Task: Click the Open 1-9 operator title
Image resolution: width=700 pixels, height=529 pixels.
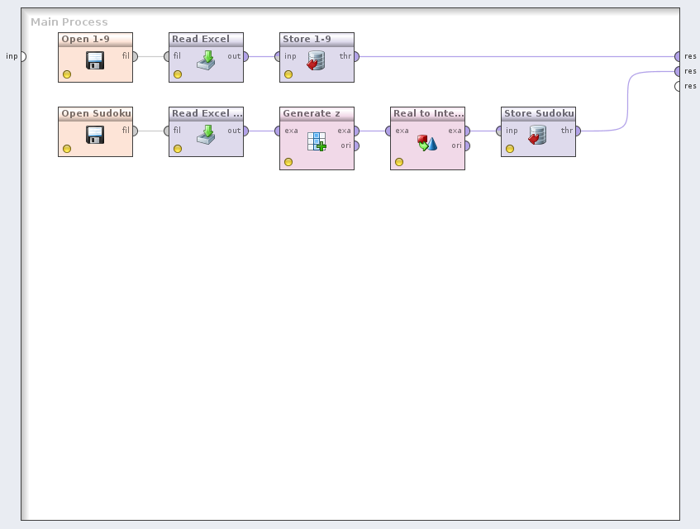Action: pos(85,39)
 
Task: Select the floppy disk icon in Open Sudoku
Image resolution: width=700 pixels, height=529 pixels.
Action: pos(95,134)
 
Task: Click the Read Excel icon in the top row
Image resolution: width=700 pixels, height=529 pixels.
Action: pos(206,60)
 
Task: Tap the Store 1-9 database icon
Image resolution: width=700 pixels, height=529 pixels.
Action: pos(317,60)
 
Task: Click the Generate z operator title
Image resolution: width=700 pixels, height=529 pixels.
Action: pos(312,113)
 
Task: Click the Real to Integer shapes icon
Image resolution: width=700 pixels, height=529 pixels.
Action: pos(427,142)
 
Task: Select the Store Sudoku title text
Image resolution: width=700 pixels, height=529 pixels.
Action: pos(539,113)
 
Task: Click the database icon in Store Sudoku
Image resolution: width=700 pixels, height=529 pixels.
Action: pos(538,134)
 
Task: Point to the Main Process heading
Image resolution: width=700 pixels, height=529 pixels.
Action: pos(69,22)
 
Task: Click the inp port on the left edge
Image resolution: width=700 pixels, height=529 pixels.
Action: pos(22,56)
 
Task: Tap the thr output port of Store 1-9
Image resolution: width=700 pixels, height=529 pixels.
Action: pos(356,56)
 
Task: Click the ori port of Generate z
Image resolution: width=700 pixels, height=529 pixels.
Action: pos(356,145)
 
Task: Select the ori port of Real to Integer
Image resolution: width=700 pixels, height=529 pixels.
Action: pos(467,145)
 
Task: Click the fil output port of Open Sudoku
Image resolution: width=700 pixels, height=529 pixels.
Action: pos(135,131)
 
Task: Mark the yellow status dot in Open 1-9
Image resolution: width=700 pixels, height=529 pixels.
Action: pos(67,74)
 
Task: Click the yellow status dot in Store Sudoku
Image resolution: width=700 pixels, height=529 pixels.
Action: pos(510,149)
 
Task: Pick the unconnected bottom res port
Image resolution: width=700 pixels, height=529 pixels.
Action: pos(679,86)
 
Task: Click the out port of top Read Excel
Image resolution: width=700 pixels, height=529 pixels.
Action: pos(245,56)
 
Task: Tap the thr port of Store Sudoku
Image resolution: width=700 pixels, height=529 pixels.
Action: pos(578,131)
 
